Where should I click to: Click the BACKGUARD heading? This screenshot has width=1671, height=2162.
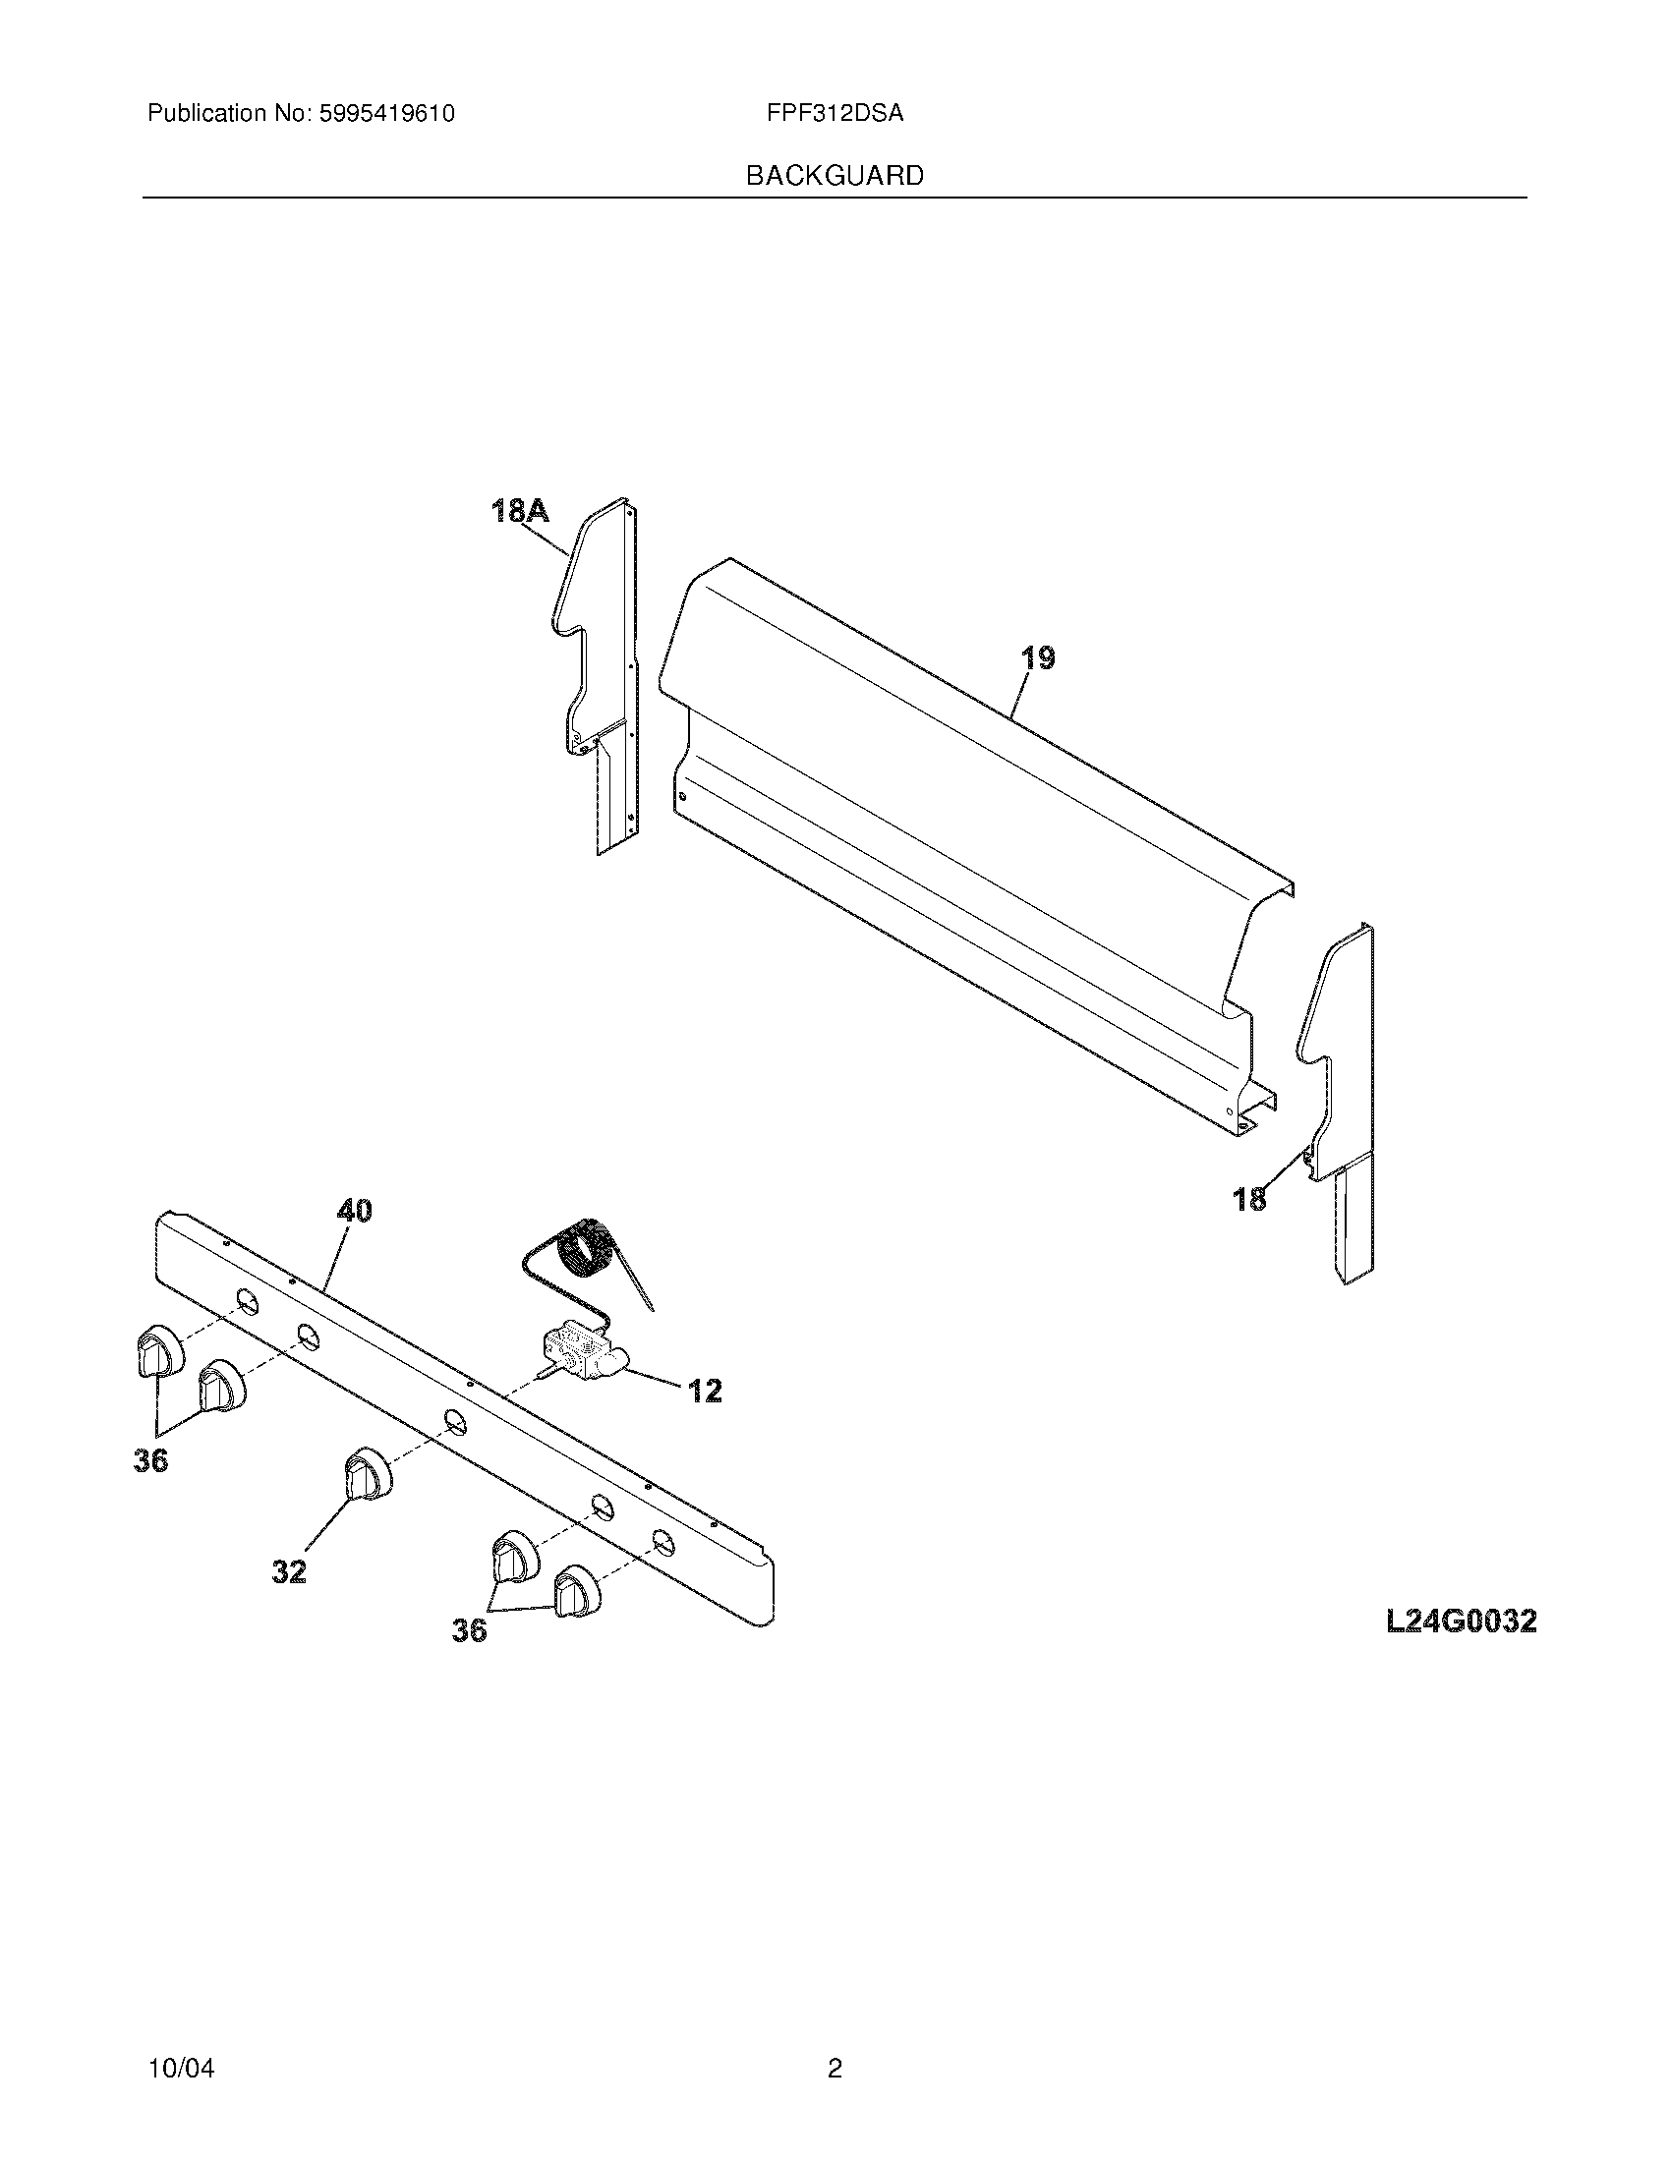coord(834,176)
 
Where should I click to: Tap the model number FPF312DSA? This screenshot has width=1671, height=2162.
coord(834,114)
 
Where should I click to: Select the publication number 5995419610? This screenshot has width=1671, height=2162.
coord(386,114)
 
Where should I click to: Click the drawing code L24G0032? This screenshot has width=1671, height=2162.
coord(1460,1621)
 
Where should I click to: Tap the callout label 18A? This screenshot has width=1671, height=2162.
coord(520,511)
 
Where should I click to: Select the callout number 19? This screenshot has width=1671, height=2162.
coord(1037,657)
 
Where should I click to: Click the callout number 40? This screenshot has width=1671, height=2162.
coord(354,1210)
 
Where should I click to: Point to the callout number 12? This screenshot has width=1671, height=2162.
coord(705,1391)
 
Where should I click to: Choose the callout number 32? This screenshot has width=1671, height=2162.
coord(289,1571)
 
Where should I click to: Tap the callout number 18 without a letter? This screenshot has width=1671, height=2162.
coord(1249,1199)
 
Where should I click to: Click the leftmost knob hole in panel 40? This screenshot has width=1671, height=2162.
coord(247,1301)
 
